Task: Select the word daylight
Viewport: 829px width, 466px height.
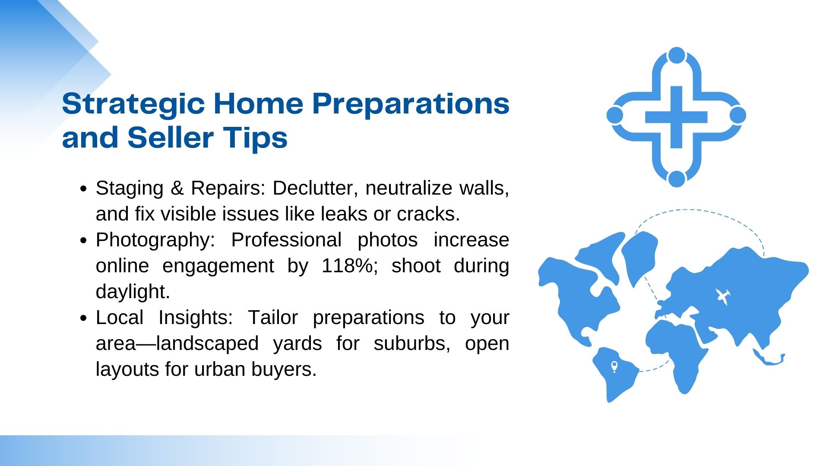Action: [x=133, y=292]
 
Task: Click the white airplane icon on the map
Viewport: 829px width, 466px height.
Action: [x=723, y=296]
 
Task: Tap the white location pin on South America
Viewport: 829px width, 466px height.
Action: [x=614, y=367]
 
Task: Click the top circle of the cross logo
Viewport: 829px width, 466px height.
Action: [x=677, y=56]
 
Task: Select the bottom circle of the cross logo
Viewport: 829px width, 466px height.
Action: [x=677, y=179]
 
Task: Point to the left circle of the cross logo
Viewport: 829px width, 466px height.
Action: [x=615, y=116]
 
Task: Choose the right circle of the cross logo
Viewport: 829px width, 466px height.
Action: [x=738, y=116]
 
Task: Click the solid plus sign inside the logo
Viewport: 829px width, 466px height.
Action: [x=676, y=117]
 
